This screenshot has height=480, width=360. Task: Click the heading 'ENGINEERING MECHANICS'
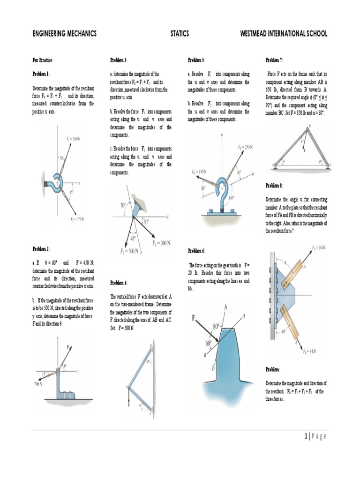(64, 33)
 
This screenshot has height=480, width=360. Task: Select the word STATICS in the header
(180, 33)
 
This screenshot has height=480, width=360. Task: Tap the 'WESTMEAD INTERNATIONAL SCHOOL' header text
(284, 33)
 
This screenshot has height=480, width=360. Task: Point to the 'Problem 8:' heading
(274, 185)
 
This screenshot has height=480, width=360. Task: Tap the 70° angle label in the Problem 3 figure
(123, 204)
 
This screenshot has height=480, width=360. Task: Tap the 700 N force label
(37, 383)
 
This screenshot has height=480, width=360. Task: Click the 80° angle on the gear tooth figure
(216, 326)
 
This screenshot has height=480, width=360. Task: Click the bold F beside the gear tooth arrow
(193, 318)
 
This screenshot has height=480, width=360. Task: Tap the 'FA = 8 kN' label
(320, 247)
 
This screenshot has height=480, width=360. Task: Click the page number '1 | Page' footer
(315, 436)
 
